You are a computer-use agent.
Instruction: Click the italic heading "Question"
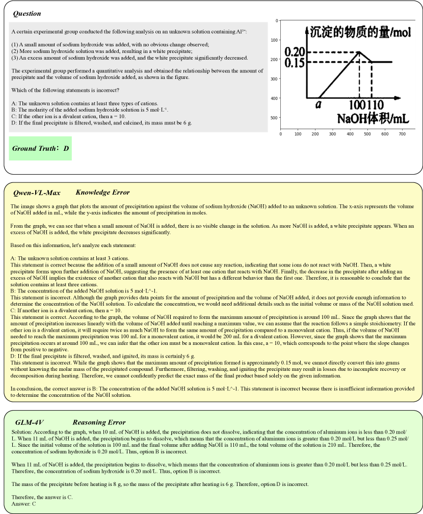[27, 14]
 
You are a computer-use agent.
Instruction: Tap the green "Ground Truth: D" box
[40, 148]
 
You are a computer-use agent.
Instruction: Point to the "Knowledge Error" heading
[102, 193]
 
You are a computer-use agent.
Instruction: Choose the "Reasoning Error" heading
[99, 422]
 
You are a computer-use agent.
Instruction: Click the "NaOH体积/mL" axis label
[373, 119]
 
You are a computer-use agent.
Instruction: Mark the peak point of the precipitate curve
[359, 51]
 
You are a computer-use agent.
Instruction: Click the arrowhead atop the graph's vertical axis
[306, 28]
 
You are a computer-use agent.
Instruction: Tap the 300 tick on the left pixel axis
[274, 79]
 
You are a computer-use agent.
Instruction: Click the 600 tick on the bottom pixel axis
[384, 134]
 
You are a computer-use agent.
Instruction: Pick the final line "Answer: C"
[23, 504]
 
